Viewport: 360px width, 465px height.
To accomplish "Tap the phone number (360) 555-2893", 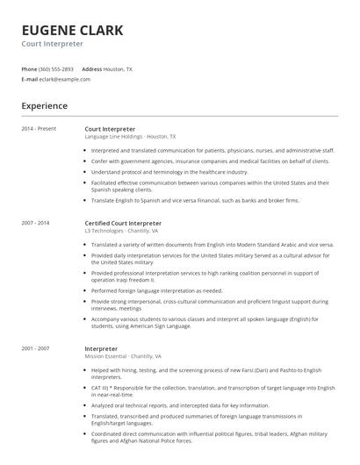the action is (x=56, y=68).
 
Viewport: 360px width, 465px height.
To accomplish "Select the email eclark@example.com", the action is (x=65, y=79).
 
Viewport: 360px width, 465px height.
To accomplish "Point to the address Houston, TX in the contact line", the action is (x=118, y=68).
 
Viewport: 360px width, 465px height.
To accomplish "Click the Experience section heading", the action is (x=44, y=106).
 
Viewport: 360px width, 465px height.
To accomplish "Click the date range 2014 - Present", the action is (x=39, y=129).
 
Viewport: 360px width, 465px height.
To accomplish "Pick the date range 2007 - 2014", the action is (x=36, y=223).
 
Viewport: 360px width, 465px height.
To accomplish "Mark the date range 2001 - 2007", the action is (x=36, y=349).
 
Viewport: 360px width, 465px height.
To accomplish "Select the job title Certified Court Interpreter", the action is (x=123, y=223).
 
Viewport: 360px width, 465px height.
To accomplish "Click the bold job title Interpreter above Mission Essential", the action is (x=101, y=349).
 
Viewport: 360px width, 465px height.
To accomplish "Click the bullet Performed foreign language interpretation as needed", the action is (x=156, y=290).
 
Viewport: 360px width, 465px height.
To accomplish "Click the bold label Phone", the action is (x=29, y=68).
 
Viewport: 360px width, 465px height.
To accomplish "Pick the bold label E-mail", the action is (x=30, y=79).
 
